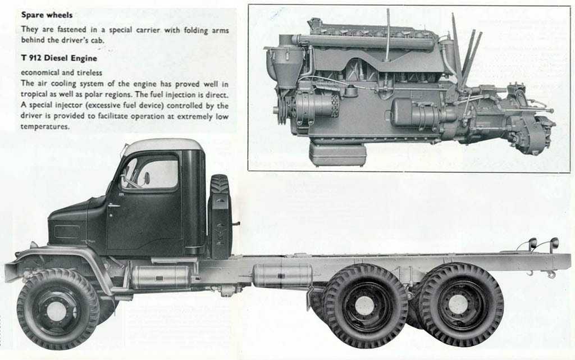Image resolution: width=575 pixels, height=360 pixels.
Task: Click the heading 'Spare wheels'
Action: coord(47,15)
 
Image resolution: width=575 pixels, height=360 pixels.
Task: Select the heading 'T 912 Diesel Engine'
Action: coord(59,58)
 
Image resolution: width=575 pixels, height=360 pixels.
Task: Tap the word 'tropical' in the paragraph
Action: coord(34,94)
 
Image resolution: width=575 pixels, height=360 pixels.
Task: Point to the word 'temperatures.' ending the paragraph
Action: coord(45,126)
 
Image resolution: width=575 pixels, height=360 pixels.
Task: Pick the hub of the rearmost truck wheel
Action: coord(459,305)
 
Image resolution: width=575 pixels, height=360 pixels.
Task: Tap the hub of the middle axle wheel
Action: coord(364,305)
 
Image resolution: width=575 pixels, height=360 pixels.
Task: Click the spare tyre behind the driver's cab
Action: coord(220,216)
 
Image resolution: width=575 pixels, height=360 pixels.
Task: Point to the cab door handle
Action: coord(113,206)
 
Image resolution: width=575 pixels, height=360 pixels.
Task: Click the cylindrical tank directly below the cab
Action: coord(160,277)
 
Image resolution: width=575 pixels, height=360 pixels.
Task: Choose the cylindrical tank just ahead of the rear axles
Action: coord(282,275)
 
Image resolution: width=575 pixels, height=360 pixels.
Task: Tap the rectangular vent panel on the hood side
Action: coord(67,232)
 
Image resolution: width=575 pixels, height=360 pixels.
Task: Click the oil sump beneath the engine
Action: coord(337,154)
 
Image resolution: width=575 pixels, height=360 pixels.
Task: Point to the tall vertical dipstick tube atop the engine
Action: coord(388,35)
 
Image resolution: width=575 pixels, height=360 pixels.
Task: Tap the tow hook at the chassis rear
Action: coord(550,274)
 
